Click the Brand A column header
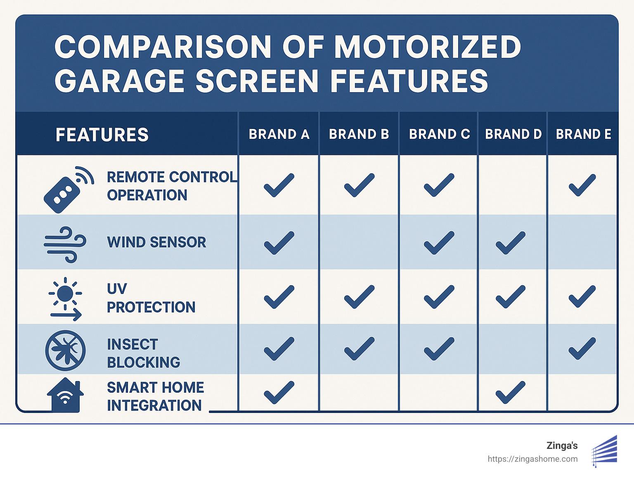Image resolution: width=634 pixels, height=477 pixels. [279, 134]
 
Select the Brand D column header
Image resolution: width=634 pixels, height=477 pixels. [513, 134]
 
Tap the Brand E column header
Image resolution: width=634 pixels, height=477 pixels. [583, 134]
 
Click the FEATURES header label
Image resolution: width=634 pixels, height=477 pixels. [102, 135]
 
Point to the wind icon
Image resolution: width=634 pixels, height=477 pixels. [65, 244]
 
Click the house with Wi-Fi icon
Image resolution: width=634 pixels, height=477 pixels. [65, 395]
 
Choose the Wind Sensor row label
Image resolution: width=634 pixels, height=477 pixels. [156, 242]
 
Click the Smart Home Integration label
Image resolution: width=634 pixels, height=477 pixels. [155, 396]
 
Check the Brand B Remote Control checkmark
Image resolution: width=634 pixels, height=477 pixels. [359, 185]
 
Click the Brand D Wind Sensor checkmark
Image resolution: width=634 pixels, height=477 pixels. [511, 243]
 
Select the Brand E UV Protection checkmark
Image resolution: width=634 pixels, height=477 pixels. [582, 296]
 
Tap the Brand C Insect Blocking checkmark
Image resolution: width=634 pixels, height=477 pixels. [439, 348]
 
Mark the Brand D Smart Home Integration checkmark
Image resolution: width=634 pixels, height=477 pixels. [511, 392]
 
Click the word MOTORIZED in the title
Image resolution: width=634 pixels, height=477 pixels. [427, 47]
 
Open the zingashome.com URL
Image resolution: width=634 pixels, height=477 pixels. [532, 459]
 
